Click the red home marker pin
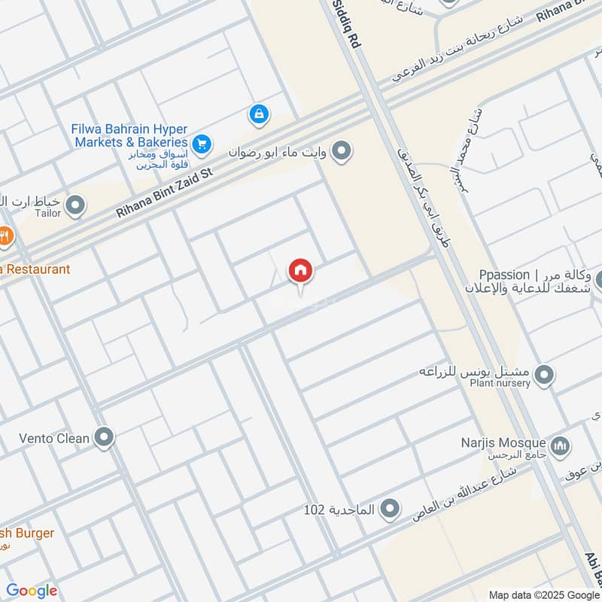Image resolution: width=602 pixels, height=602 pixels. tap(301, 271)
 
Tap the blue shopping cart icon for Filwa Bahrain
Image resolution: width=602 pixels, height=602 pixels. tap(201, 142)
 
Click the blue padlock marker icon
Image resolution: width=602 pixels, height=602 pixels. tap(258, 115)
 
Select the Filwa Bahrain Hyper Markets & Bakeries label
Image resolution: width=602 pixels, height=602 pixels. tap(129, 135)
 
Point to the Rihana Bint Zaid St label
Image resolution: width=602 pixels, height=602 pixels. tap(165, 193)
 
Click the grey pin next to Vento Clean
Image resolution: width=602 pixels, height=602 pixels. tap(104, 436)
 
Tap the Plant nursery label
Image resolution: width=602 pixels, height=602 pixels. tap(500, 383)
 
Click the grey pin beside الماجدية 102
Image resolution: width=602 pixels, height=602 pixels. tap(389, 510)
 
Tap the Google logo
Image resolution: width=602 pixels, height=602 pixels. tap(32, 591)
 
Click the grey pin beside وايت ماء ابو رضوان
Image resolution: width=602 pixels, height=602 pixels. tap(342, 152)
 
